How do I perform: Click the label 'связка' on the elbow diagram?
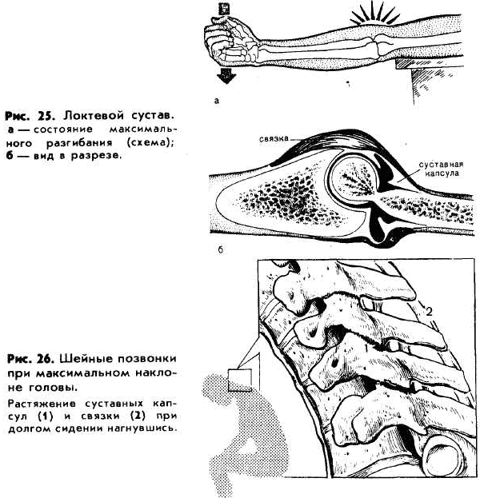tap(274, 138)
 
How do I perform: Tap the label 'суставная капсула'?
tap(441, 169)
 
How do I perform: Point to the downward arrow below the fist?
tap(226, 74)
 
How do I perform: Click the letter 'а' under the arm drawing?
tap(217, 101)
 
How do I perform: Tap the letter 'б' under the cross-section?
tap(221, 250)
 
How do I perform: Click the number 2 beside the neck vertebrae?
tap(429, 312)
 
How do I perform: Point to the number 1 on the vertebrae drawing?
tap(366, 348)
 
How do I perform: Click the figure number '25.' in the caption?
tap(46, 116)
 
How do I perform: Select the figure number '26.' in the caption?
tap(48, 359)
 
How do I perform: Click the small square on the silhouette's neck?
tap(240, 380)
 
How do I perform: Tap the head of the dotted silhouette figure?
tap(219, 389)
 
